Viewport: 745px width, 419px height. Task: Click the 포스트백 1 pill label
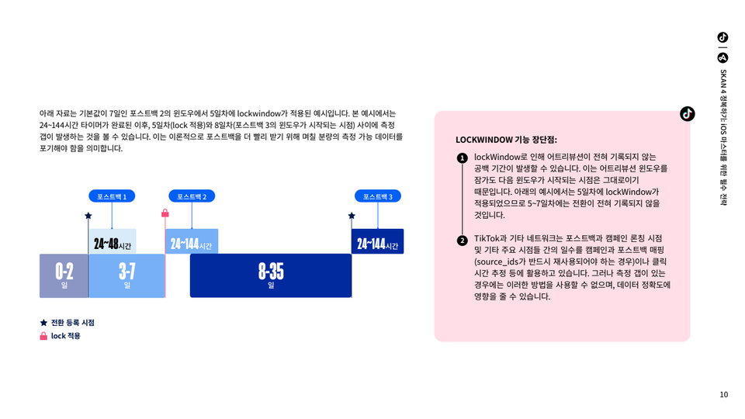click(112, 196)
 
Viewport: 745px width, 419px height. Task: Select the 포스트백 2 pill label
click(192, 196)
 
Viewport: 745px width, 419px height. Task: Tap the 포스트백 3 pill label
click(378, 196)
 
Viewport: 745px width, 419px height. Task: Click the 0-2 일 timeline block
click(64, 276)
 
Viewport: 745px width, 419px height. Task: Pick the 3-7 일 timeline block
click(126, 276)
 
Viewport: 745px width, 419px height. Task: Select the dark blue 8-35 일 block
click(271, 276)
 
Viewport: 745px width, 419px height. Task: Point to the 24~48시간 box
click(113, 241)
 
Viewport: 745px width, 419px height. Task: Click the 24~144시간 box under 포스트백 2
click(192, 241)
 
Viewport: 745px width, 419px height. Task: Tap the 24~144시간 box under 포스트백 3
click(378, 241)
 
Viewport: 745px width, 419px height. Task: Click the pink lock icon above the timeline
click(165, 213)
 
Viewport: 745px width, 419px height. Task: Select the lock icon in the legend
click(43, 336)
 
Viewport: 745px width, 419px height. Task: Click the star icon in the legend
click(43, 323)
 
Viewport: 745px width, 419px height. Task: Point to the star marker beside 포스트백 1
click(88, 216)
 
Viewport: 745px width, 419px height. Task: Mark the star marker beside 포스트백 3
click(352, 216)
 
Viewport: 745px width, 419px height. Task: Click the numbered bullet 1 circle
click(463, 158)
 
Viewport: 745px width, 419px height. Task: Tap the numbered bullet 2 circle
click(463, 241)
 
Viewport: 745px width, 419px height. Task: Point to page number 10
click(723, 394)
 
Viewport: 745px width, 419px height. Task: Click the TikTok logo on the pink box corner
click(687, 113)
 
